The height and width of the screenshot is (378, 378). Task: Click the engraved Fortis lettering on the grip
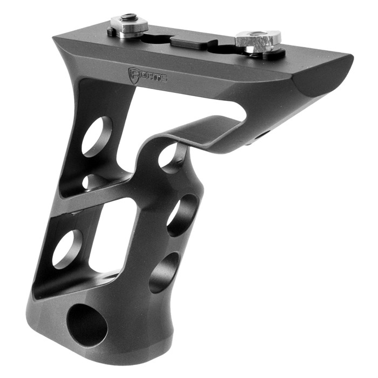152,77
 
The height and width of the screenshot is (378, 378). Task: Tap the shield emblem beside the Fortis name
132,74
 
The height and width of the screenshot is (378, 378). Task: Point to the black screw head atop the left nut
128,17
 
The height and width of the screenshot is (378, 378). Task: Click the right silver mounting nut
258,40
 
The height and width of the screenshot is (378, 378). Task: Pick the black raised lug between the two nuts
189,43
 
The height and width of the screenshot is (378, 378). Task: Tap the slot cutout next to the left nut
157,39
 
